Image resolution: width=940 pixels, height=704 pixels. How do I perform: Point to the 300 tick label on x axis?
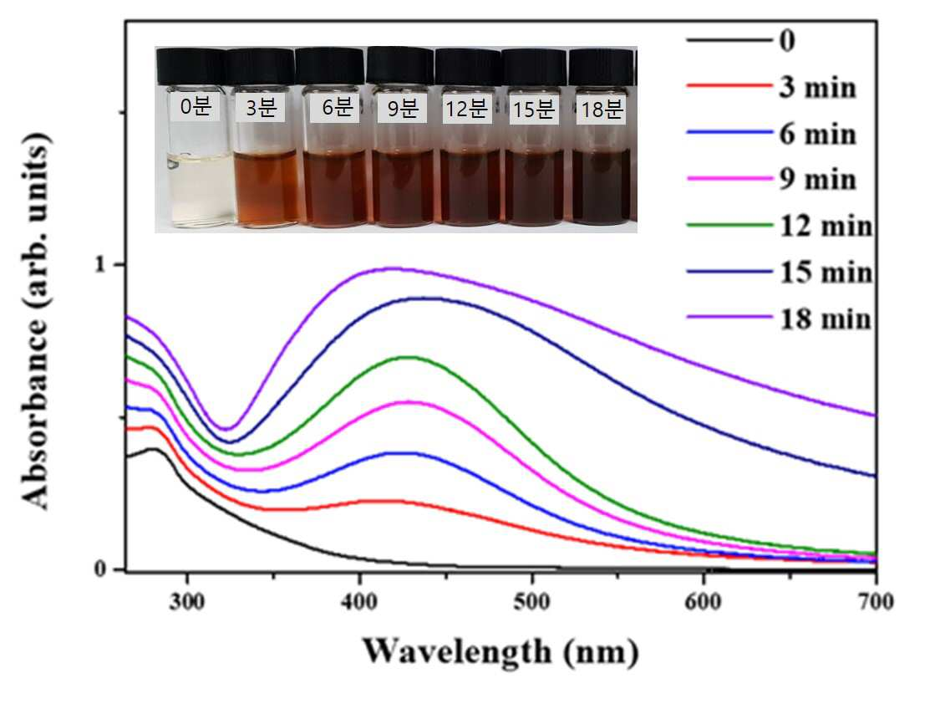[x=187, y=601]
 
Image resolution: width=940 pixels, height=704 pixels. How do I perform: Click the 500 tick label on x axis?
[x=531, y=601]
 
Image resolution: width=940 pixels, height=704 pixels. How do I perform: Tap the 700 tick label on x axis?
[x=876, y=601]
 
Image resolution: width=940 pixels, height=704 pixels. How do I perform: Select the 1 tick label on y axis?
[x=100, y=264]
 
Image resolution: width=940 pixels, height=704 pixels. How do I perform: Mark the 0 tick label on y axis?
[x=100, y=569]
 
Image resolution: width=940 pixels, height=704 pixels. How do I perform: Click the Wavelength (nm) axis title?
[x=500, y=651]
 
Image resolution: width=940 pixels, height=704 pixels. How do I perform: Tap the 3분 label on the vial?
[x=261, y=107]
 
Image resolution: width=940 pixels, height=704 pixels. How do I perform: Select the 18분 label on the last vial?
[x=602, y=110]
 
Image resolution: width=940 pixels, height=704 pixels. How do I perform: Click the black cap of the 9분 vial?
[x=400, y=65]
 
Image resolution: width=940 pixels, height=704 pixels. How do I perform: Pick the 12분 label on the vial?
[x=466, y=110]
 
